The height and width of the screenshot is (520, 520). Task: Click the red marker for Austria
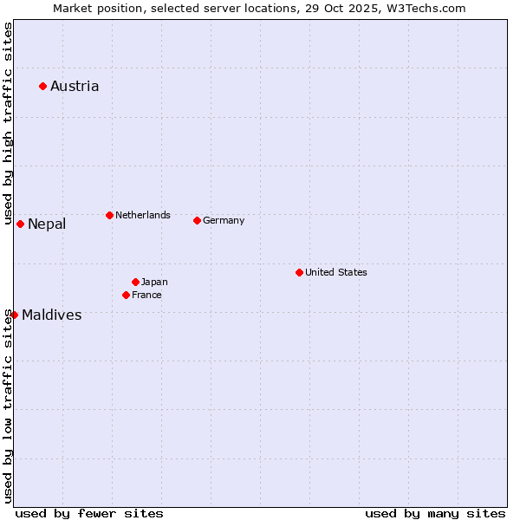click(x=42, y=86)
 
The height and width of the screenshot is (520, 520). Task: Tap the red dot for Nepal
click(x=20, y=224)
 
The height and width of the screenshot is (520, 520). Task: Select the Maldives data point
click(x=14, y=315)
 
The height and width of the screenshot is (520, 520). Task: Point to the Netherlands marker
click(x=109, y=215)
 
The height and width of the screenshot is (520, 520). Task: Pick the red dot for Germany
click(x=197, y=220)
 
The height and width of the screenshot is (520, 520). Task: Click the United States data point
click(x=299, y=272)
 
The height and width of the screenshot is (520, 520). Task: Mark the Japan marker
click(x=135, y=282)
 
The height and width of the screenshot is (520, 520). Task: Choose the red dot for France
click(x=126, y=295)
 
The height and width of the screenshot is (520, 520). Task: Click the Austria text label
click(x=75, y=86)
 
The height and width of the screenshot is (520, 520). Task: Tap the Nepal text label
click(x=47, y=224)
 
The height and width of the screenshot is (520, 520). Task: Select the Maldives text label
click(x=52, y=315)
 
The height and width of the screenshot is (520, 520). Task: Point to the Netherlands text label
click(x=143, y=215)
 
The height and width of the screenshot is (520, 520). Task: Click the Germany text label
click(x=224, y=220)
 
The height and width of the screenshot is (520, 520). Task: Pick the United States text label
click(x=336, y=272)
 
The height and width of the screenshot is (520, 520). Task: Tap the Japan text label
click(x=154, y=282)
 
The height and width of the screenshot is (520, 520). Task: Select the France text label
click(x=146, y=295)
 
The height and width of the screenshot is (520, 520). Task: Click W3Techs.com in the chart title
click(x=426, y=8)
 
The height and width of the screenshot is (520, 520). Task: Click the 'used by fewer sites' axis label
click(x=89, y=513)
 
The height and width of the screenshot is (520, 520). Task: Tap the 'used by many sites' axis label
click(x=435, y=513)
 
